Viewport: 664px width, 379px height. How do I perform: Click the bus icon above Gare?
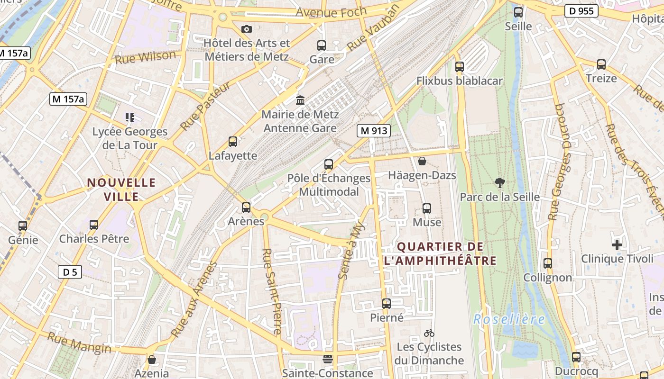322,45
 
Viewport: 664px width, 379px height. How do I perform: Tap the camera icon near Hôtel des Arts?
246,29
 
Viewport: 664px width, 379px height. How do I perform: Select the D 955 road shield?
581,11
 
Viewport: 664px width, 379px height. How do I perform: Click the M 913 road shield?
373,131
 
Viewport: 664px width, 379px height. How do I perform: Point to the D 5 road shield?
70,272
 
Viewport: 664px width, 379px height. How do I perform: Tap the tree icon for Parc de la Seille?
499,182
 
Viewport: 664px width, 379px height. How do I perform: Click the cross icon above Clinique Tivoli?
617,245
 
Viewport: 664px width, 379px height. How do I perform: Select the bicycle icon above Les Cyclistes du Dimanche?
429,333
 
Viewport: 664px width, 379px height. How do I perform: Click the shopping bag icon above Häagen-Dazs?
422,162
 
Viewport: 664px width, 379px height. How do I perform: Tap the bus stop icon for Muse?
427,208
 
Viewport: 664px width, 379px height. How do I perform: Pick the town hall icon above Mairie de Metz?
300,100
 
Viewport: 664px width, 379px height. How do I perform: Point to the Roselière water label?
509,319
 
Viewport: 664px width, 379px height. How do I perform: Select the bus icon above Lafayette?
233,141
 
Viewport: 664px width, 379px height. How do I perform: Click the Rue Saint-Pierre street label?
271,291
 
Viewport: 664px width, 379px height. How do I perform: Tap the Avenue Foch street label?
331,12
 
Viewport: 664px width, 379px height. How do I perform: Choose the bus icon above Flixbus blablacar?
459,67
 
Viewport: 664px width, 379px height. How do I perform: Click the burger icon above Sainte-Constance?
328,359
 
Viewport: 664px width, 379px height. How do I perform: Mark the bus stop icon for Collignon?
548,263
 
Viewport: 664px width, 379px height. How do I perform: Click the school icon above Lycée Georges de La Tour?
130,117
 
